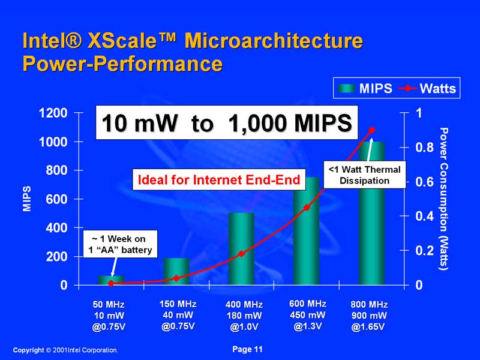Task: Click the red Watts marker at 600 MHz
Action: point(307,208)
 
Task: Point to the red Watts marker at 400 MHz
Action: point(242,254)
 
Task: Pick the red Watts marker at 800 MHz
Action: point(371,130)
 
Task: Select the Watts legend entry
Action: point(427,89)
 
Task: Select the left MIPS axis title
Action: point(27,199)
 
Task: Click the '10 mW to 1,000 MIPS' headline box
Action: point(226,123)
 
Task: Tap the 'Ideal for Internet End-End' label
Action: point(219,178)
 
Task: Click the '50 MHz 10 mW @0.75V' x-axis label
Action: point(110,316)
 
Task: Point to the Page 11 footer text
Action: point(247,349)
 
